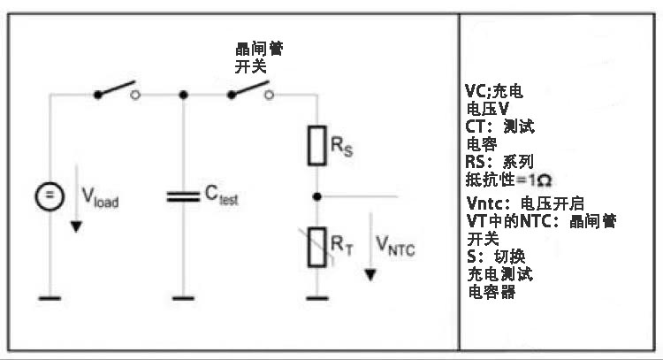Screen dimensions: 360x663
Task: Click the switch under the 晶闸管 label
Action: pyautogui.click(x=249, y=90)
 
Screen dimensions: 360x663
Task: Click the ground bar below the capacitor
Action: pyautogui.click(x=183, y=298)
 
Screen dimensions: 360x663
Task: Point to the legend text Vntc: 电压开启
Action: pyautogui.click(x=525, y=203)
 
